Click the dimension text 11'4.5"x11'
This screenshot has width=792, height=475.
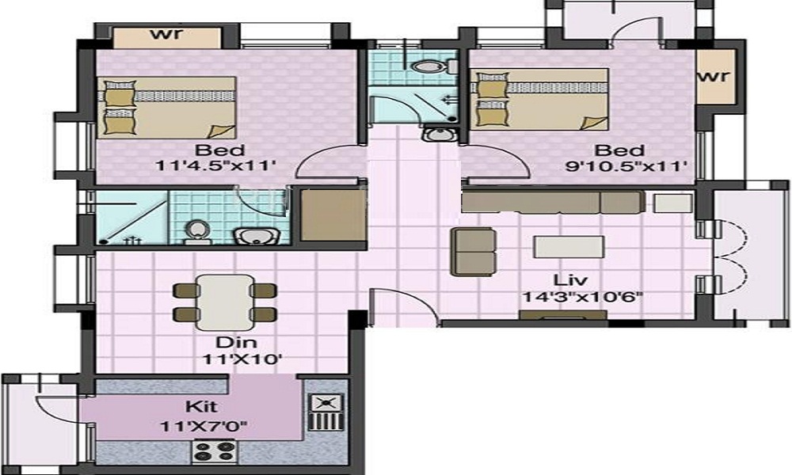(216, 165)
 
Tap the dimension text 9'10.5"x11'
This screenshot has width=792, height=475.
(626, 165)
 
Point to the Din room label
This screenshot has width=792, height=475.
(236, 342)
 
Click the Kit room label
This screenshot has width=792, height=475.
(201, 406)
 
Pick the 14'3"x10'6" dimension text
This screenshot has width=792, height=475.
(582, 297)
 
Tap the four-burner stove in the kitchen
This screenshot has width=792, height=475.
(214, 450)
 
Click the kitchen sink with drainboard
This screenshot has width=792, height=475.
(326, 412)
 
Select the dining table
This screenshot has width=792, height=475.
(224, 302)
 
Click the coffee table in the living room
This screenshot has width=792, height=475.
(569, 247)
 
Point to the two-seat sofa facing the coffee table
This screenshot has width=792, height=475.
(473, 252)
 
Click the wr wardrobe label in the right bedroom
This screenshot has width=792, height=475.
(714, 76)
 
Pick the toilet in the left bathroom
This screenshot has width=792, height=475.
(195, 231)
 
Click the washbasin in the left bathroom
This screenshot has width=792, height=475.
(254, 236)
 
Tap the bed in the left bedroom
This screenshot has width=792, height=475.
(166, 108)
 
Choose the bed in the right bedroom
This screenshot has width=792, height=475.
(539, 99)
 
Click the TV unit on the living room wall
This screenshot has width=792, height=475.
(562, 315)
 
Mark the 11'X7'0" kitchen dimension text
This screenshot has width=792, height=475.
(204, 427)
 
